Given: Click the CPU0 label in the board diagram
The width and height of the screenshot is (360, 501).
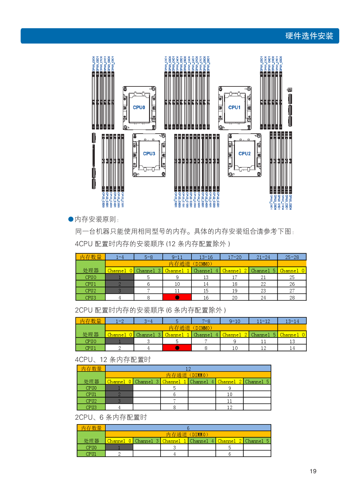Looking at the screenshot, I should [x=139, y=107].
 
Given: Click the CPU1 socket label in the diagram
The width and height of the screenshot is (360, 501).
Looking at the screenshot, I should [x=234, y=107].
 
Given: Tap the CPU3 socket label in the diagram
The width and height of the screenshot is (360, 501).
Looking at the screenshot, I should [x=149, y=154].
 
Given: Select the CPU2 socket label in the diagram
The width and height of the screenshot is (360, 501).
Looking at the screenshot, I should [x=244, y=154].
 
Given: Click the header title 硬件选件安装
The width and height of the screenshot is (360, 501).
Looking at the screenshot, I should [x=309, y=36].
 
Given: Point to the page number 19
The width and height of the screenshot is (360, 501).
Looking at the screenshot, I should [x=313, y=471].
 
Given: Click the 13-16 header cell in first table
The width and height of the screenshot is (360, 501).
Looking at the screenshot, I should [x=206, y=257].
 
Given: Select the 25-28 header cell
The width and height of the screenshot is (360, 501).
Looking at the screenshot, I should [x=292, y=257].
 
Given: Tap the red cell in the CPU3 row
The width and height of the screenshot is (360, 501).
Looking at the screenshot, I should [x=177, y=297].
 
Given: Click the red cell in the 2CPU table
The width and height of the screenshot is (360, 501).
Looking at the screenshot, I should [x=177, y=348].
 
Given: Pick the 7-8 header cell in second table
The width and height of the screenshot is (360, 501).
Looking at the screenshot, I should [x=206, y=321].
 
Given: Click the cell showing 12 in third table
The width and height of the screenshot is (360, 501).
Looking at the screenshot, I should [x=188, y=369].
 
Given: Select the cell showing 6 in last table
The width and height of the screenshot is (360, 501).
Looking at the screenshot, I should [x=188, y=428].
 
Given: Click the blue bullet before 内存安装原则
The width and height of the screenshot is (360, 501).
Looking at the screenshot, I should [x=71, y=219].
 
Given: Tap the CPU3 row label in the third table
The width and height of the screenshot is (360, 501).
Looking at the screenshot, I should [x=91, y=407].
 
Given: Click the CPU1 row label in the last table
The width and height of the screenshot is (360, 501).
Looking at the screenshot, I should [x=91, y=454].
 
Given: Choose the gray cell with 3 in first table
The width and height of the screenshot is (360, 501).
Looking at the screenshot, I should [x=120, y=291].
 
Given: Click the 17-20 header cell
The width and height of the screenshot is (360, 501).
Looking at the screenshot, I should [x=235, y=257].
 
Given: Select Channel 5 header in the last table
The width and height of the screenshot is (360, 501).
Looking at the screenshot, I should [x=257, y=441].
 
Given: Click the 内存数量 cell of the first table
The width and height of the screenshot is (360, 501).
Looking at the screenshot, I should [x=91, y=257].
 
